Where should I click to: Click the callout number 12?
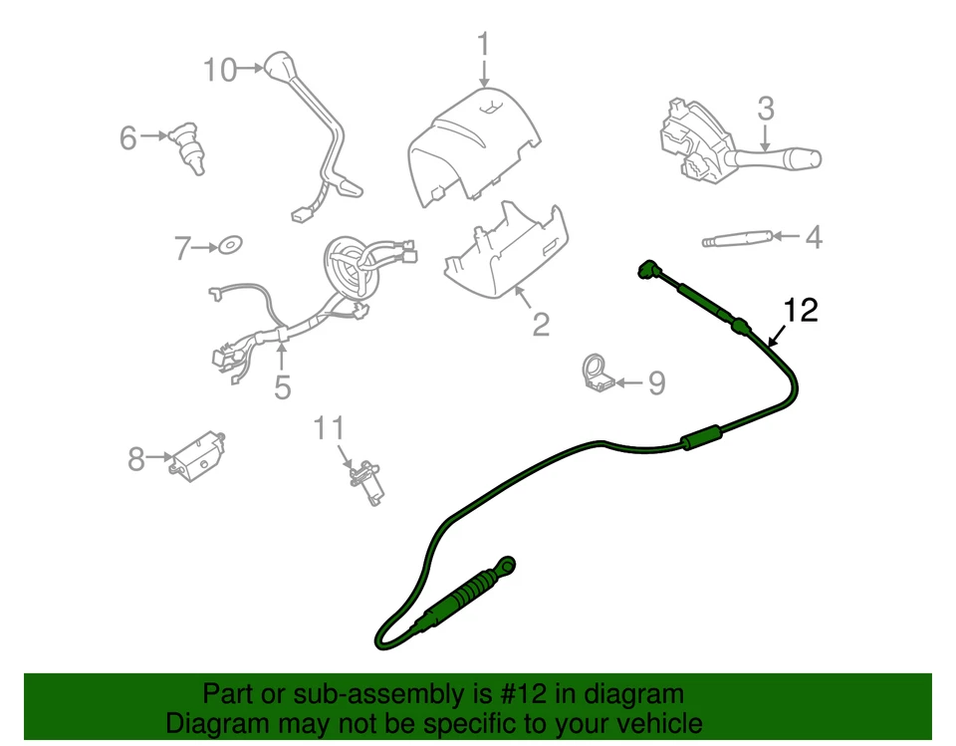(x=800, y=311)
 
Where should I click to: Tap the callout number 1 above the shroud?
(x=483, y=45)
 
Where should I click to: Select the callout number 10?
(x=220, y=70)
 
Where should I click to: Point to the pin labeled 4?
(x=736, y=239)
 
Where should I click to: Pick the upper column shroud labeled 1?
(x=473, y=149)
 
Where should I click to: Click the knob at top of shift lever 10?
(x=276, y=67)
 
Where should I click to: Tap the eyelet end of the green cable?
(x=509, y=565)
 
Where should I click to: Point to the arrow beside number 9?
(x=626, y=381)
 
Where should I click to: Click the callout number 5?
(x=283, y=385)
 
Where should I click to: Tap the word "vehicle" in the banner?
(x=654, y=723)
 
